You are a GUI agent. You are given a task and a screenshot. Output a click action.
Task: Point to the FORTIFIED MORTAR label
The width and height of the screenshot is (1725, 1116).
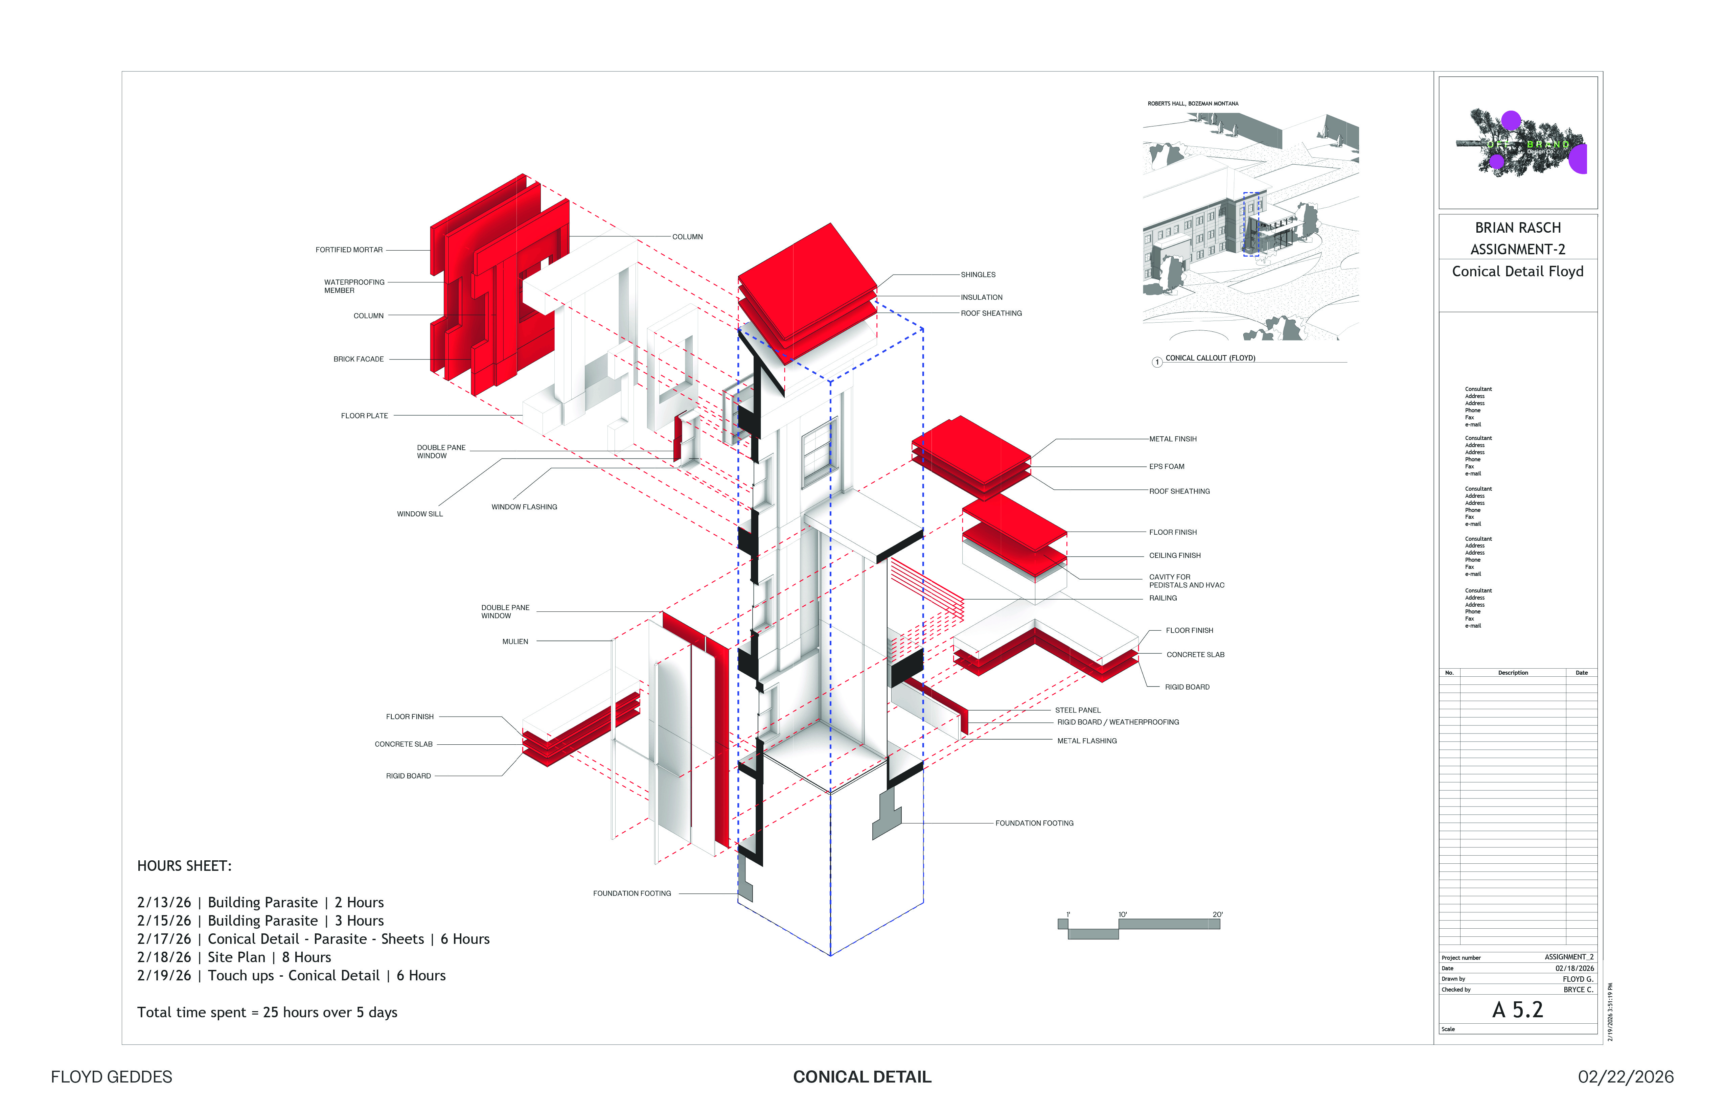[349, 250]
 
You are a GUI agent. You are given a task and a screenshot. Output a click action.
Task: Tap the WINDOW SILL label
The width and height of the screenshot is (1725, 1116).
[420, 514]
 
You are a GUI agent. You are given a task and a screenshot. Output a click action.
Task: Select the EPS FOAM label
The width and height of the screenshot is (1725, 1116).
[1166, 467]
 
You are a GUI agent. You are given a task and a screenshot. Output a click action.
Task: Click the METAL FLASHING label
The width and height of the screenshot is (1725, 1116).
[1086, 741]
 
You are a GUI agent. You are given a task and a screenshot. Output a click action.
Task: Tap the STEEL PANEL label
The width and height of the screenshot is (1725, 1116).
[1077, 710]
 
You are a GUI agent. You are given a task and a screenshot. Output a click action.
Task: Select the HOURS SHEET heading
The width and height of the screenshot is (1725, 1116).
[184, 866]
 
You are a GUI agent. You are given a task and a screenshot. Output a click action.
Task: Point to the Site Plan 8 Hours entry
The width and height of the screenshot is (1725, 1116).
[233, 957]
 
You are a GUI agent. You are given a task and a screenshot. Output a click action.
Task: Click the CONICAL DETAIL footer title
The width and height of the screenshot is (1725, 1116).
[862, 1077]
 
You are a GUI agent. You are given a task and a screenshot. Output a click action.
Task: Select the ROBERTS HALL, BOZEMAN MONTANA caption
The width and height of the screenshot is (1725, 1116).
[1192, 103]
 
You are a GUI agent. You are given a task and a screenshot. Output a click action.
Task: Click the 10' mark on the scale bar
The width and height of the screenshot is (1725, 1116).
[1122, 914]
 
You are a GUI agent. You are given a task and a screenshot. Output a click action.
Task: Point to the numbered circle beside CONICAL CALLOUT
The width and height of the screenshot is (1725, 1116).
[1157, 362]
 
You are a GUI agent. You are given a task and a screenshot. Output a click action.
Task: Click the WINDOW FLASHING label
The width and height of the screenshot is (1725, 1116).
[524, 507]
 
